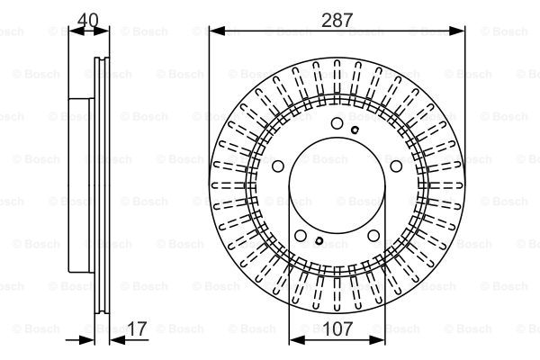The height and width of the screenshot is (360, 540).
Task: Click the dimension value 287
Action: (337, 20)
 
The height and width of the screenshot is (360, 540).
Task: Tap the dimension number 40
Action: (88, 20)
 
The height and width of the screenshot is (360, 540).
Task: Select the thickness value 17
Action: (137, 328)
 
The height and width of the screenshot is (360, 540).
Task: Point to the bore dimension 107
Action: (337, 328)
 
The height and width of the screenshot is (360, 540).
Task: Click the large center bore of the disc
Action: (337, 186)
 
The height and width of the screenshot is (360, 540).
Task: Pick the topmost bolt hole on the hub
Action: (337, 123)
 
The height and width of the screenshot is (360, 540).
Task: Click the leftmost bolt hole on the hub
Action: (278, 166)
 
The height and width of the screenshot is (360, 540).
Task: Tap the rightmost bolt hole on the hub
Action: (396, 166)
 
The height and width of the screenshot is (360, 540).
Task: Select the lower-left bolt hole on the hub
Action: (301, 236)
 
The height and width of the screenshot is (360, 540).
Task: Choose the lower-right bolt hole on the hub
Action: (373, 236)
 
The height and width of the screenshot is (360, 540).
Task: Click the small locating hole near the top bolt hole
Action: (355, 130)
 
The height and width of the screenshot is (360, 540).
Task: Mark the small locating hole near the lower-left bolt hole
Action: (319, 241)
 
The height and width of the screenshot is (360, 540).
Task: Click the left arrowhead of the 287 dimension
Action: (217, 31)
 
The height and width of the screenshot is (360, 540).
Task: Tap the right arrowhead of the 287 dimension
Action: (457, 31)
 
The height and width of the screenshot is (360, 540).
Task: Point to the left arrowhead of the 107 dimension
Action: (297, 340)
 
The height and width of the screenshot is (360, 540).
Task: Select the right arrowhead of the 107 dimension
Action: (377, 340)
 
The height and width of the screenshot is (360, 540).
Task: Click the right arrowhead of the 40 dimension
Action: (101, 31)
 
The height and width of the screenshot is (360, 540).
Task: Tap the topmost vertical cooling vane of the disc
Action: (337, 76)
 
